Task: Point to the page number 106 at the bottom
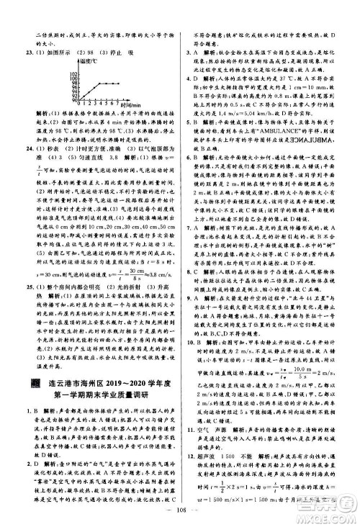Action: [179, 515]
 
